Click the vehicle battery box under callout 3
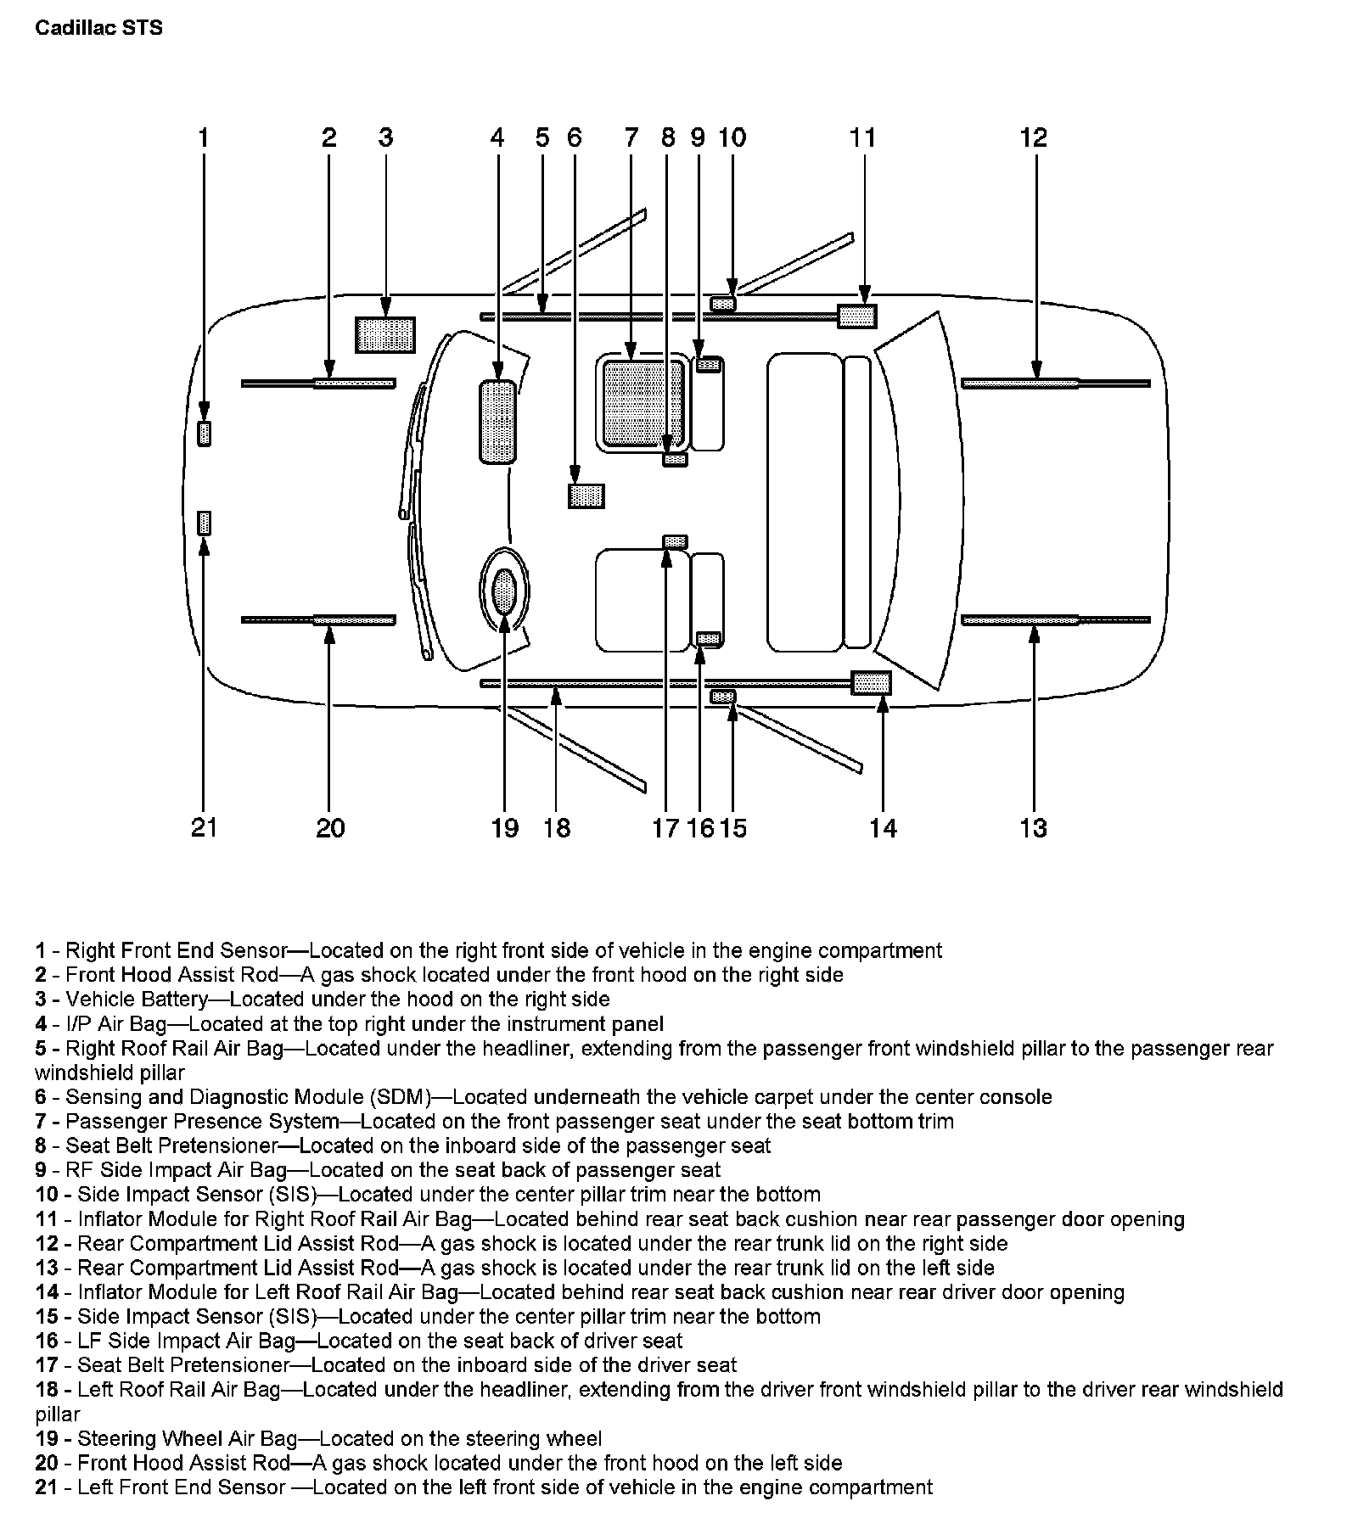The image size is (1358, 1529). (385, 334)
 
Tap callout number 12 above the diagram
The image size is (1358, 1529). (1034, 137)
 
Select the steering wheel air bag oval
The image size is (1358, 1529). (504, 591)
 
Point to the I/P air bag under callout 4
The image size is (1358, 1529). (497, 423)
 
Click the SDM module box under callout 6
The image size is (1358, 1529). (586, 496)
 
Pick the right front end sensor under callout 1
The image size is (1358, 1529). (204, 433)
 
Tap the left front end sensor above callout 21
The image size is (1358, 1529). (204, 523)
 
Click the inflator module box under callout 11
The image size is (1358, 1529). (856, 316)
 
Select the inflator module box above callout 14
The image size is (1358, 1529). (871, 682)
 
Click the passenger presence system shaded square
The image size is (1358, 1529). (643, 403)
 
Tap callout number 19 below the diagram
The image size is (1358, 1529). (504, 827)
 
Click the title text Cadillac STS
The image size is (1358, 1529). (99, 28)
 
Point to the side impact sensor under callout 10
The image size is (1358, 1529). (723, 303)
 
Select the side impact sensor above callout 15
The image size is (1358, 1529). (723, 697)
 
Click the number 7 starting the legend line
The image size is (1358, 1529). (41, 1122)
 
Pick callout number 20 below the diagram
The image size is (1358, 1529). (330, 827)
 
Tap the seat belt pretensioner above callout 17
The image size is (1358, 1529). (675, 541)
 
